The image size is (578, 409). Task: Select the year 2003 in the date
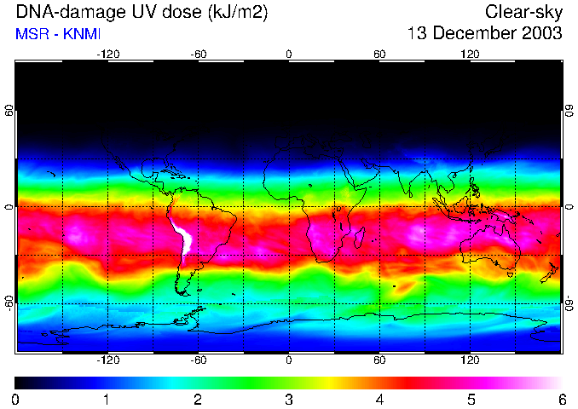(x=541, y=33)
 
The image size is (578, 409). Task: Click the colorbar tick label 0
(x=16, y=399)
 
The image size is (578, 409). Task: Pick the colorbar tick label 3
(x=289, y=399)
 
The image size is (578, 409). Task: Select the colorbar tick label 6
(x=561, y=399)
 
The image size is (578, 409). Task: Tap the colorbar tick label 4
(x=379, y=399)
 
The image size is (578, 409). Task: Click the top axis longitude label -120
(x=107, y=55)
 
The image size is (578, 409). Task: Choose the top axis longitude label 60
(x=379, y=55)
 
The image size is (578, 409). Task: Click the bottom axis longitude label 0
(x=289, y=360)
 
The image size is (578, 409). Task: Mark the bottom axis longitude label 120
(x=470, y=360)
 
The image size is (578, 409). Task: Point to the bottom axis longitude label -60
(x=198, y=360)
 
